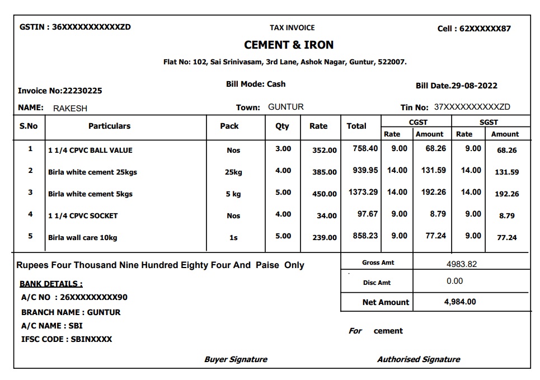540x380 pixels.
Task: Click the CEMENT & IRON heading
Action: click(289, 45)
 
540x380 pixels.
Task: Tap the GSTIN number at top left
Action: click(75, 27)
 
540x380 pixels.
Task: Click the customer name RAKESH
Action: click(70, 108)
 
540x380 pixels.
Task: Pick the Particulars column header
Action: click(109, 126)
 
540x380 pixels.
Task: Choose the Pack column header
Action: click(229, 126)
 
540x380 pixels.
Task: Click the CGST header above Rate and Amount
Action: click(418, 122)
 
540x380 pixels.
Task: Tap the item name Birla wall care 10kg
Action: click(83, 237)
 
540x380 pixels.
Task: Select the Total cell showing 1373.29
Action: click(363, 192)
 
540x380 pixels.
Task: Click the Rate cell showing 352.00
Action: click(325, 150)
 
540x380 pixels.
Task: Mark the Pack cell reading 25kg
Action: click(233, 172)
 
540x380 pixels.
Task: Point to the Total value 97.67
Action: click(368, 214)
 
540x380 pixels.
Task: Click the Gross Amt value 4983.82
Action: click(461, 264)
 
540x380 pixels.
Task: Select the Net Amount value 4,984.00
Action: click(460, 302)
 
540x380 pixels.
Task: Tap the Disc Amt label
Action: click(377, 283)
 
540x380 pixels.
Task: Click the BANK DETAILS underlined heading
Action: click(51, 284)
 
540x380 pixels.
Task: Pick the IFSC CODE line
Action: click(67, 339)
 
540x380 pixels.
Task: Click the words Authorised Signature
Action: click(418, 359)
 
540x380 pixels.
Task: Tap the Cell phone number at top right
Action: click(485, 29)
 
